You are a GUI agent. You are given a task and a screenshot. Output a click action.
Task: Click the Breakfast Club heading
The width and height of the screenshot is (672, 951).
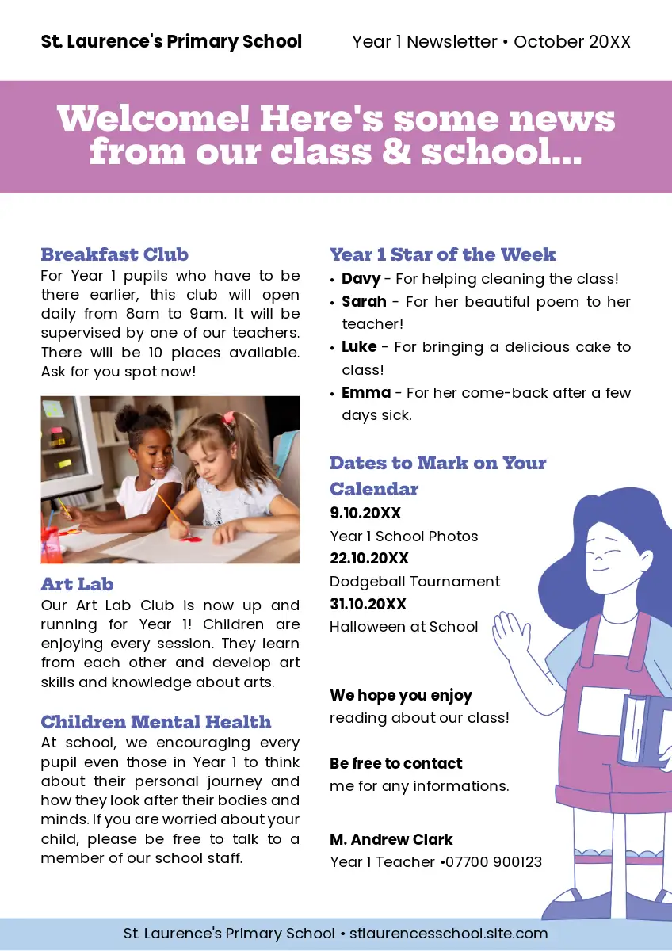click(114, 254)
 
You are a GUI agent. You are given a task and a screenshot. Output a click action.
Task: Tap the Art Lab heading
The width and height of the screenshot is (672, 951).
click(77, 584)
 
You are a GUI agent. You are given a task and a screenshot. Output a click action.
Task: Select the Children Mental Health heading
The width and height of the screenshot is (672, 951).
click(155, 722)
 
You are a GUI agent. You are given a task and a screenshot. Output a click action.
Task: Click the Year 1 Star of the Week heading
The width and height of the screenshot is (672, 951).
click(442, 254)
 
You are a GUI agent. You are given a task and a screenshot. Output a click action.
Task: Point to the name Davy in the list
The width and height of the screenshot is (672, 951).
click(361, 279)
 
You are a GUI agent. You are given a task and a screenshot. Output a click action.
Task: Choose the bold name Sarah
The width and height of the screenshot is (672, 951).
click(364, 302)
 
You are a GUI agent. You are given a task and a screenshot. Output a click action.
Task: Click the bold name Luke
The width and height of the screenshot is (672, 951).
click(359, 347)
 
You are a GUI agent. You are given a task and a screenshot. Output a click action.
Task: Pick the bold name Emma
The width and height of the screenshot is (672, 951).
click(366, 393)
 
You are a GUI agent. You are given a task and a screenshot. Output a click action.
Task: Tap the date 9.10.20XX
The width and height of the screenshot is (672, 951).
click(365, 514)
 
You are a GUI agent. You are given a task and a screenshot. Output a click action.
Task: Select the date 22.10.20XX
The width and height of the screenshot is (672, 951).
click(369, 559)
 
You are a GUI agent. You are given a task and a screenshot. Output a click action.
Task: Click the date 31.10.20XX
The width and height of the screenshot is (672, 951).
click(368, 605)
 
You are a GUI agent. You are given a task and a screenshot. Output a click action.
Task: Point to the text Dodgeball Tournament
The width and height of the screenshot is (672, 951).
click(414, 582)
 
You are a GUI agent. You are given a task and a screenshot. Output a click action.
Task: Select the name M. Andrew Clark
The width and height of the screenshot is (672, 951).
click(391, 839)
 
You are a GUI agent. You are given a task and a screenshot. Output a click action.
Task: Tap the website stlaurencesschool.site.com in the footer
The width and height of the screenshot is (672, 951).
click(449, 934)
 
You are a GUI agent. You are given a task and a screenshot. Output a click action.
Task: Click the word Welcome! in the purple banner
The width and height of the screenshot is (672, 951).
click(153, 119)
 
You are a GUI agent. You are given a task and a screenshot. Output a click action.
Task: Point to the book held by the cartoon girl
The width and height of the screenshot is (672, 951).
click(643, 729)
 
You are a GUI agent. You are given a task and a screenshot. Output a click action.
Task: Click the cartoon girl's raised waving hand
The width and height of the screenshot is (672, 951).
click(511, 634)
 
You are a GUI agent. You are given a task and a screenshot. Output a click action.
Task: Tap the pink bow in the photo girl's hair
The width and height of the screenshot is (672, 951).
click(228, 417)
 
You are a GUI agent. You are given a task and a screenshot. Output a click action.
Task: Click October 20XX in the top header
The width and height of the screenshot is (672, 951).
click(572, 42)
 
